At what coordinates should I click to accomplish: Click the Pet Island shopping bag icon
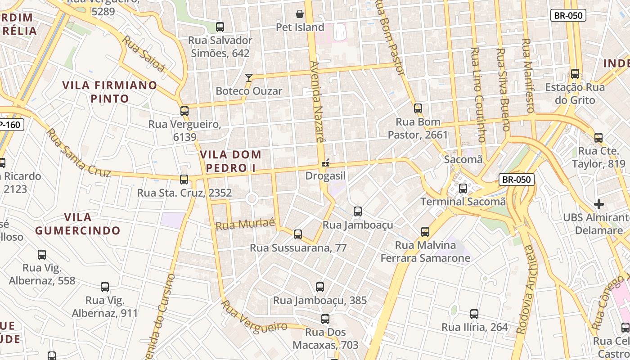tap(299, 14)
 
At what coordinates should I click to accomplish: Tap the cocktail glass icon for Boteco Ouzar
tap(248, 78)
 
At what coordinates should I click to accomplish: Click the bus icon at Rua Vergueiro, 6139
tap(184, 111)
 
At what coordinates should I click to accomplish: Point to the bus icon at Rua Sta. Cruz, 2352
tap(184, 180)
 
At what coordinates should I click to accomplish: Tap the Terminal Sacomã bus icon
tap(463, 189)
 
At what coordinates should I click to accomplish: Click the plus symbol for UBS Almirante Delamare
tap(598, 204)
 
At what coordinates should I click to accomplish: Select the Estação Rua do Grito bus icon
tap(575, 74)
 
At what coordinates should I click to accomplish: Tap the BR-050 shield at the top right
tap(568, 15)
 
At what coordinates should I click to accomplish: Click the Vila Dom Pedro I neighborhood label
tap(230, 161)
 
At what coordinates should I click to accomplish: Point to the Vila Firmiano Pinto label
tap(110, 91)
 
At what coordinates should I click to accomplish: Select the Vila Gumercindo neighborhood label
tap(78, 224)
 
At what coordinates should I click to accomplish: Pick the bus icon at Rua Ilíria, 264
tap(474, 314)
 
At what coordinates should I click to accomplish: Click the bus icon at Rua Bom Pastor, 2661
tap(418, 108)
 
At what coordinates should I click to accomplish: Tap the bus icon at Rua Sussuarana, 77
tap(297, 234)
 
